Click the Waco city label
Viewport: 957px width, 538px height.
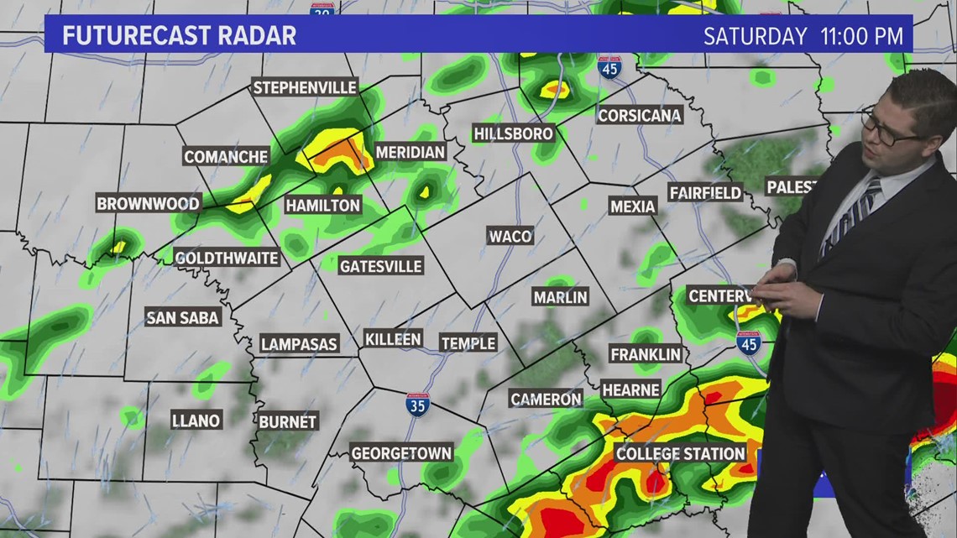510,236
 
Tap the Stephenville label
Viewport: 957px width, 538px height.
305,87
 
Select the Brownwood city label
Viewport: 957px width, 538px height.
148,203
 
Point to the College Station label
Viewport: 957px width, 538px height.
680,453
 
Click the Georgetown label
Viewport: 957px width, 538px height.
401,452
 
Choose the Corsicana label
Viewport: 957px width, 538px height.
639,115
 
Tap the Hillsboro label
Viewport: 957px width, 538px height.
513,133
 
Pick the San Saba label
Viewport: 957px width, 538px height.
183,317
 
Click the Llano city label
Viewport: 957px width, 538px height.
196,420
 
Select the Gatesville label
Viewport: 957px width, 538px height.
380,266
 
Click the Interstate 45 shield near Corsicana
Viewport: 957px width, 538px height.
609,67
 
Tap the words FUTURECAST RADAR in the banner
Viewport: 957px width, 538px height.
180,36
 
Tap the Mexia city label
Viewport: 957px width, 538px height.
632,206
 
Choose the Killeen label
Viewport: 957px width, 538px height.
392,339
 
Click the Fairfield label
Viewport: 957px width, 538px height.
705,193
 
